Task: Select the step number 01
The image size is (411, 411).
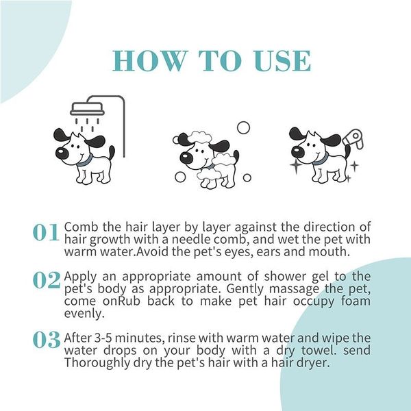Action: click(x=46, y=233)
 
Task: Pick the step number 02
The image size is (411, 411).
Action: click(x=46, y=280)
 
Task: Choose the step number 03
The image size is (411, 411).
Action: click(x=46, y=340)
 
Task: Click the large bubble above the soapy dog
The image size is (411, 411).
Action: click(x=243, y=128)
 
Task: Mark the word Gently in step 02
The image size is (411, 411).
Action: click(x=281, y=288)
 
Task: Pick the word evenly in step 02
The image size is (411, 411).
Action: click(x=82, y=314)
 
